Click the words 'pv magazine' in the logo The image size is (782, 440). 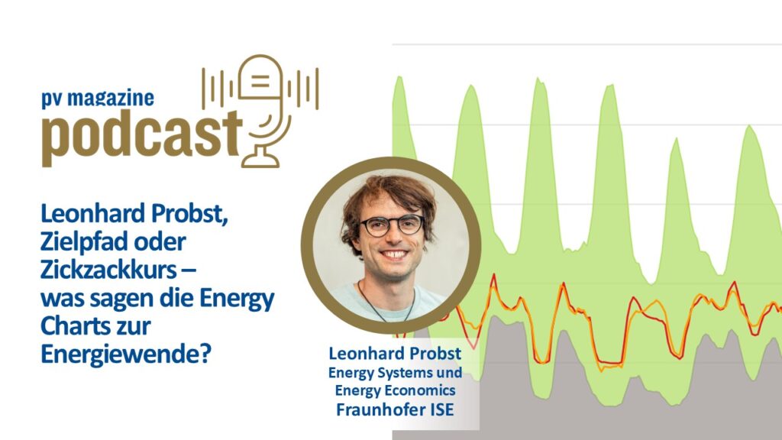(x=98, y=99)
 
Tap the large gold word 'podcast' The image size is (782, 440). (x=141, y=137)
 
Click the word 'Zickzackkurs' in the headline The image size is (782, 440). (x=108, y=270)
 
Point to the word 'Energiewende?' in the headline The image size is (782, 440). (x=126, y=355)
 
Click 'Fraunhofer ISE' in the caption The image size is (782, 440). (x=395, y=409)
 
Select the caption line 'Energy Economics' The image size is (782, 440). (x=395, y=390)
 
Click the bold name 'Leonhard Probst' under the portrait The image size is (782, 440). (x=395, y=353)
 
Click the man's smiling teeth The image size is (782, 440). (x=395, y=254)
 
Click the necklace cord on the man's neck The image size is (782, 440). (x=386, y=304)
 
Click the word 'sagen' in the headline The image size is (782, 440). (x=122, y=299)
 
